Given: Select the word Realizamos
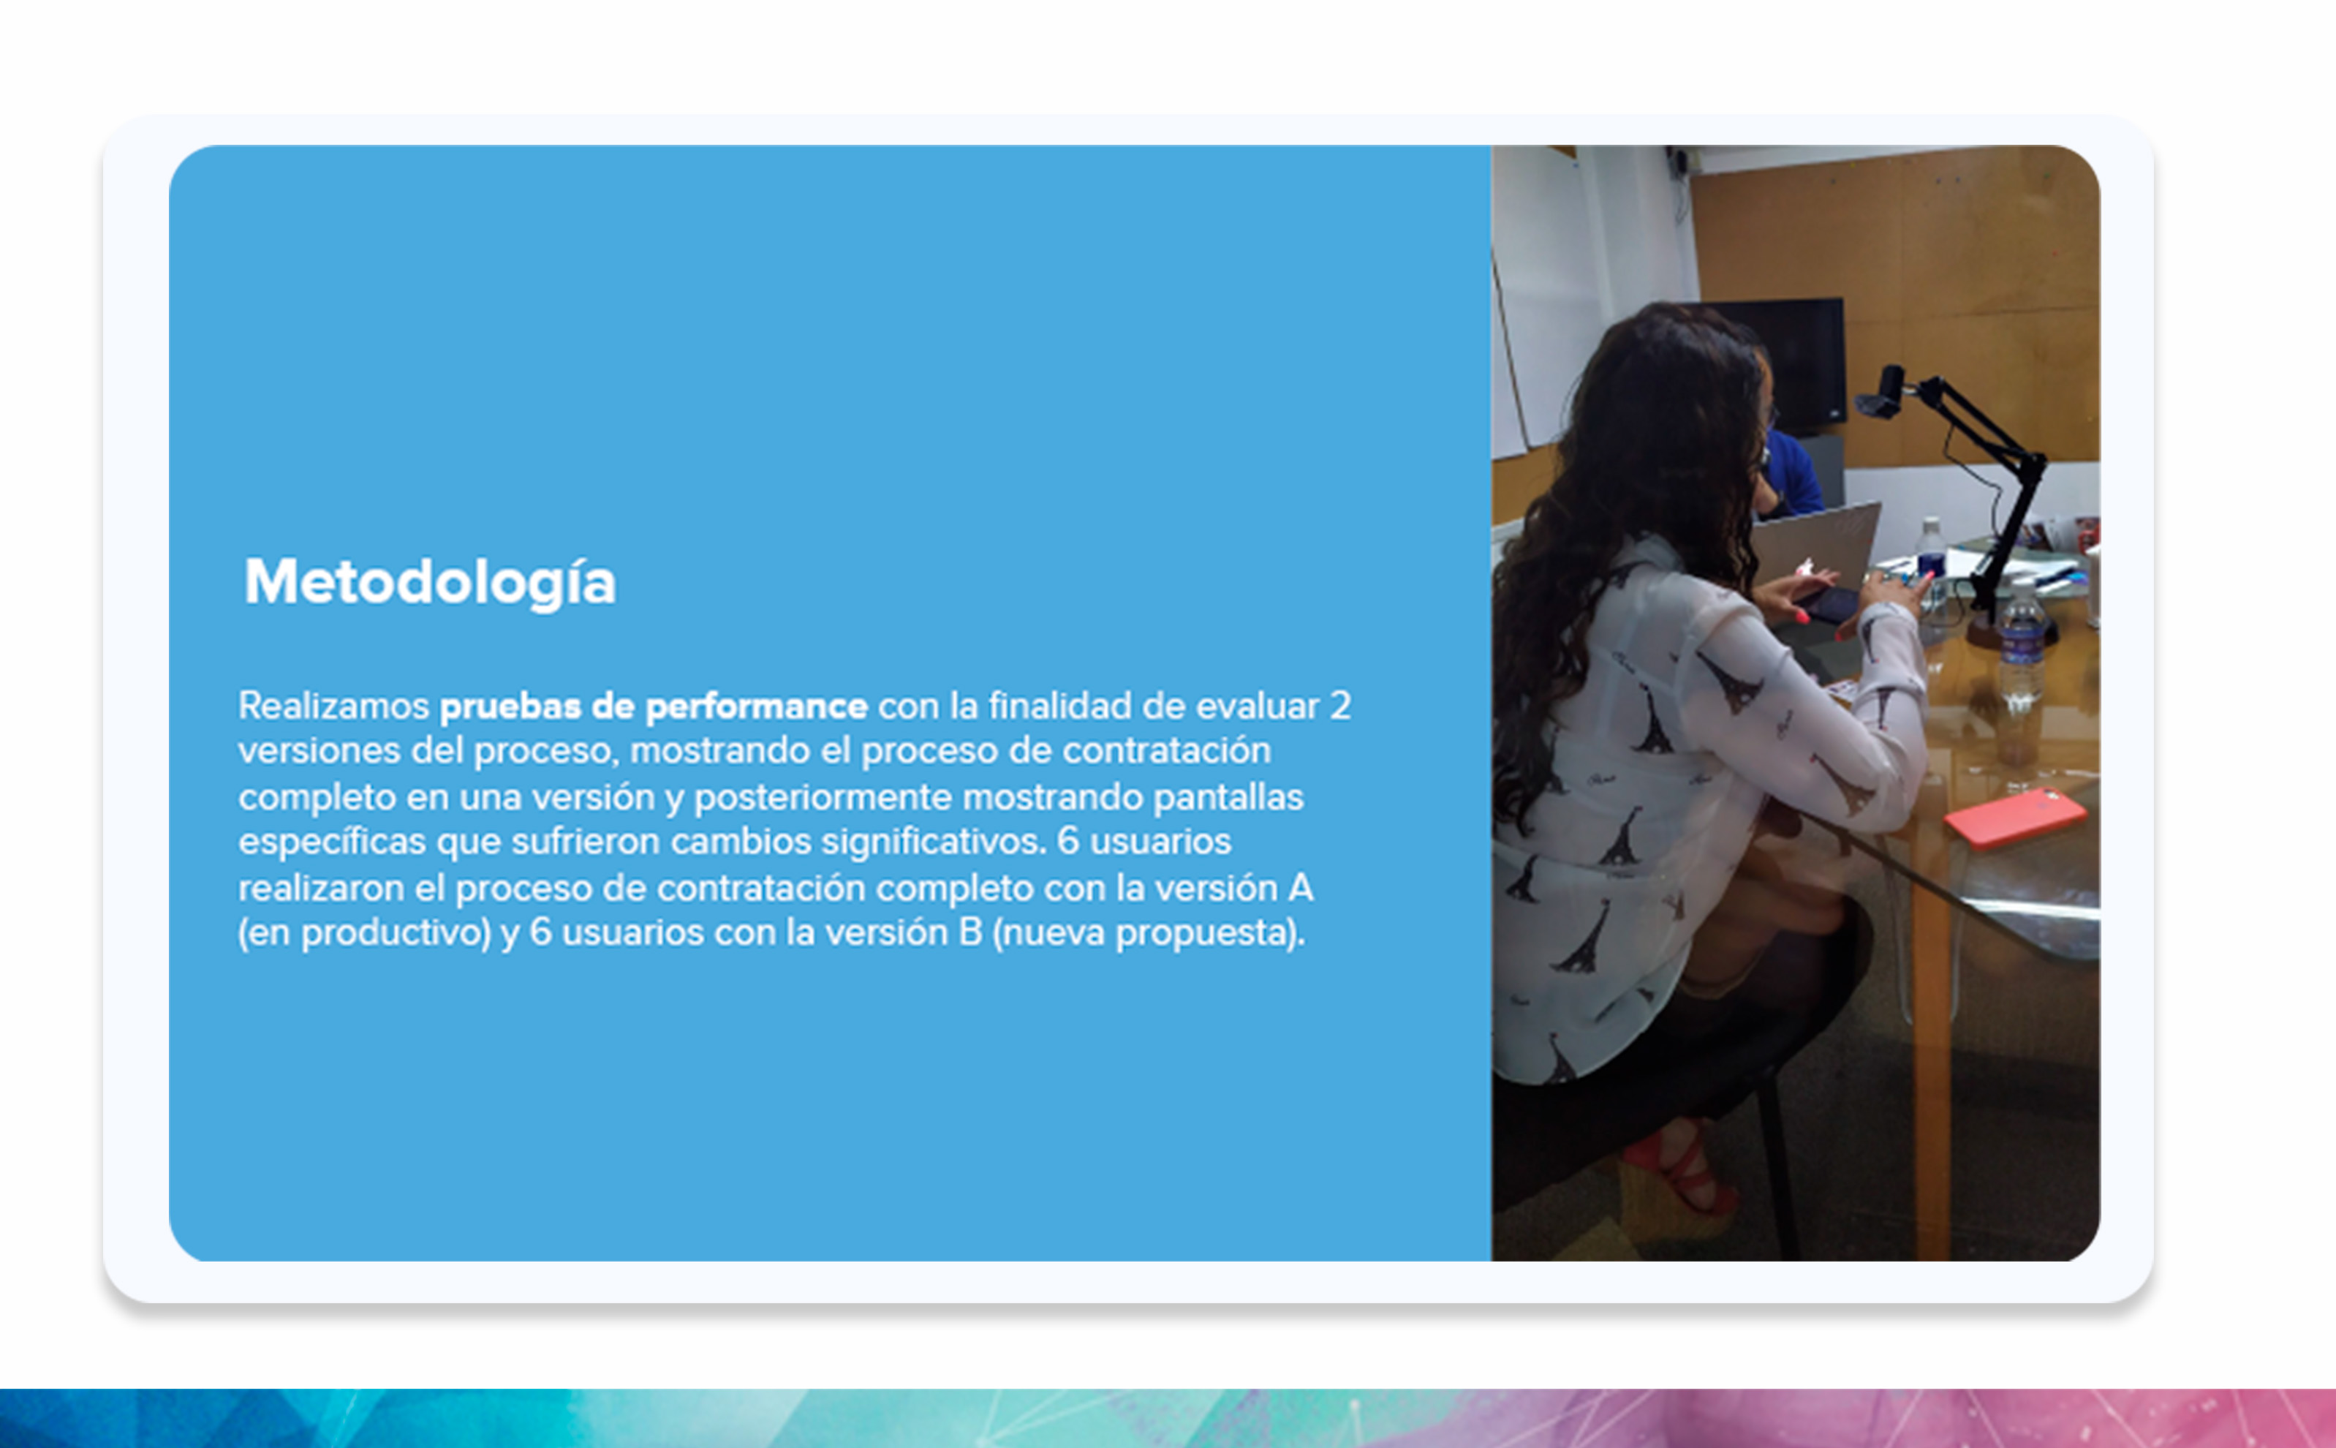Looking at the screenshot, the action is (333, 706).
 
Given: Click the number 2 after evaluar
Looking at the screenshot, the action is (1339, 706).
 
